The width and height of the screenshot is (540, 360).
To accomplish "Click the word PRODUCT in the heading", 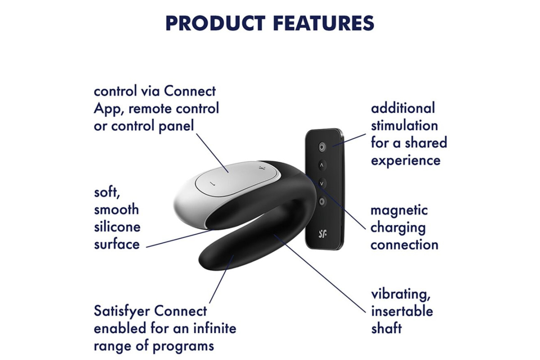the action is (216, 23).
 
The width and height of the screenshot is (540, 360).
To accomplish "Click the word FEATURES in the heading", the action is (324, 23).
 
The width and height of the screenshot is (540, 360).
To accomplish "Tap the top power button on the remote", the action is (322, 147).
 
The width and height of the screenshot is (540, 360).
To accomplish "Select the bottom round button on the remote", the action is (322, 201).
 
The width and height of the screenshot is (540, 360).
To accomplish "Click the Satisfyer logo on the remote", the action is (323, 234).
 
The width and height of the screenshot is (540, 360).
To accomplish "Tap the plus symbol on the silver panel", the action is (261, 167).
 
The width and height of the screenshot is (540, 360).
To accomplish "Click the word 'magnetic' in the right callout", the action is (399, 210).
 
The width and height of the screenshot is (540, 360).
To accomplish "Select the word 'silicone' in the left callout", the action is (117, 227).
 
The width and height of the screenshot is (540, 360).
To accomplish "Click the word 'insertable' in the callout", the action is (402, 311).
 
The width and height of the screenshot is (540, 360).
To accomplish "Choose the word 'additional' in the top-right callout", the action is (403, 108).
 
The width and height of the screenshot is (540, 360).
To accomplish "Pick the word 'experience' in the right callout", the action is (406, 161).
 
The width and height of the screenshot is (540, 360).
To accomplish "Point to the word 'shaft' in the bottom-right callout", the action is (387, 328).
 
